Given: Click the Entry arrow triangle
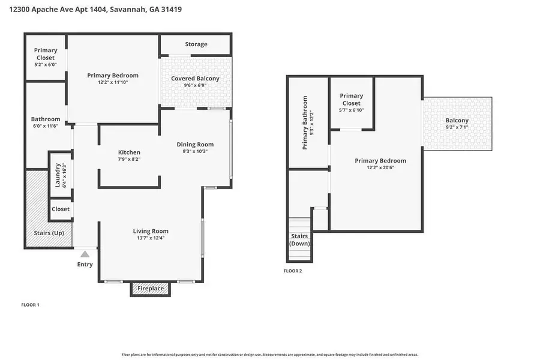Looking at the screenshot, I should tap(85, 254).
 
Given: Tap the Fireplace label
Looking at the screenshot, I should tap(150, 289).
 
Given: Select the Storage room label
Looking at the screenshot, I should tap(196, 44).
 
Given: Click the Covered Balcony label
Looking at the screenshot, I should tap(195, 79).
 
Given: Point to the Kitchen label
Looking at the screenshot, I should tap(129, 152).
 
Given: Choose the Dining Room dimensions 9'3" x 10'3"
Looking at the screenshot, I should tap(195, 151).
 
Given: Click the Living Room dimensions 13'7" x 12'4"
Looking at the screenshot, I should tap(151, 238).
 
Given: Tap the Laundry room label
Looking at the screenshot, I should tap(58, 176).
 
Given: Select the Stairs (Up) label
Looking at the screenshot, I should tap(49, 233).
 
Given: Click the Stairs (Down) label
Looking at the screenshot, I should tap(299, 240).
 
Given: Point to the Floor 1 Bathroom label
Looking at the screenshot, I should tap(46, 119).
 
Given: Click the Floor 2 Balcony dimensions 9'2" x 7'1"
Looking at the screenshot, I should tap(457, 127).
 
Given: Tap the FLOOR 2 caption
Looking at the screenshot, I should tap(293, 271).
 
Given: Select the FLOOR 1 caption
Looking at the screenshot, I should tap(30, 305).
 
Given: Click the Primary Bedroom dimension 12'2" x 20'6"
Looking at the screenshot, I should tap(380, 167).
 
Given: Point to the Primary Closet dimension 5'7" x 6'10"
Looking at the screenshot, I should tap(352, 110).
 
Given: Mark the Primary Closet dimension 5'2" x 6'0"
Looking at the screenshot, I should tap(46, 64).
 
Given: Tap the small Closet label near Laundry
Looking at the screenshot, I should tap(61, 209).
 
